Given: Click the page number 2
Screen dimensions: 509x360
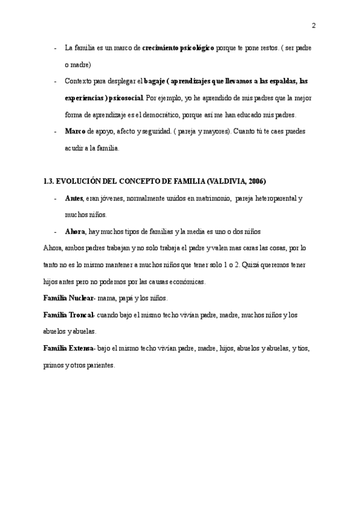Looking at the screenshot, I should point(314,25).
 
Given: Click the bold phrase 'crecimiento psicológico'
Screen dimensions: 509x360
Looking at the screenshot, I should point(178,47).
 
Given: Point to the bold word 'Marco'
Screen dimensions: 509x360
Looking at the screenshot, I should point(74,131).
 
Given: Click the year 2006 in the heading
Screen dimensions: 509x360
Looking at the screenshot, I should point(254,181).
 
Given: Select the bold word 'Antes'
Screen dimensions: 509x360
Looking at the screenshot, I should point(74,197).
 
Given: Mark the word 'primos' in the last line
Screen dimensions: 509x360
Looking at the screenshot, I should point(53,365).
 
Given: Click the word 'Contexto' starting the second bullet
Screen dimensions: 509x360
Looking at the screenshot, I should point(79,80).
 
